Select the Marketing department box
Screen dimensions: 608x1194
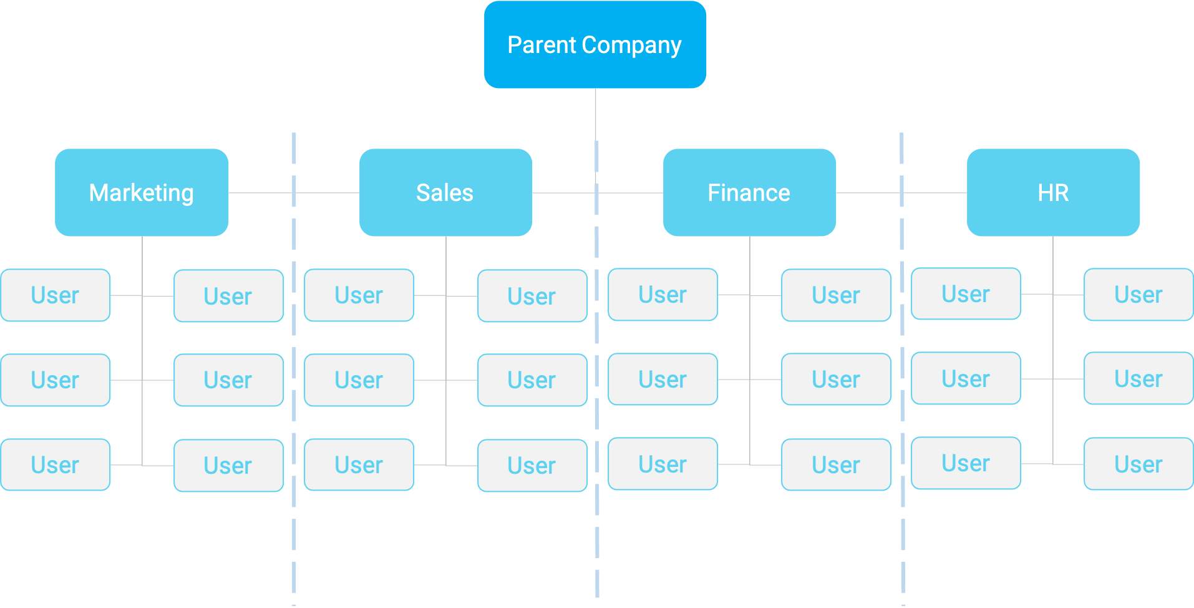(142, 192)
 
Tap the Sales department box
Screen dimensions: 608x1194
(445, 192)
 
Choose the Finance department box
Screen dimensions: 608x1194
(749, 192)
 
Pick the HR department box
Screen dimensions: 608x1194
(1053, 192)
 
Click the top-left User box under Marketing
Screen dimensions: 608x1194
(56, 295)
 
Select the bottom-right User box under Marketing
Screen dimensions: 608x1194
(228, 466)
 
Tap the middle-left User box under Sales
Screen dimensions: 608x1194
(359, 380)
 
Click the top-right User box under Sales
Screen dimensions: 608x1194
(532, 296)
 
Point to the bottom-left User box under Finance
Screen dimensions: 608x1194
(663, 464)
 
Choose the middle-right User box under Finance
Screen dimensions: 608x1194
(836, 380)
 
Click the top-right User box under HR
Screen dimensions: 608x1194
(1138, 295)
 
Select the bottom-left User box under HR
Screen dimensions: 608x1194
(966, 463)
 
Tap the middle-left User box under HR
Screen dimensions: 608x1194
(966, 379)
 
